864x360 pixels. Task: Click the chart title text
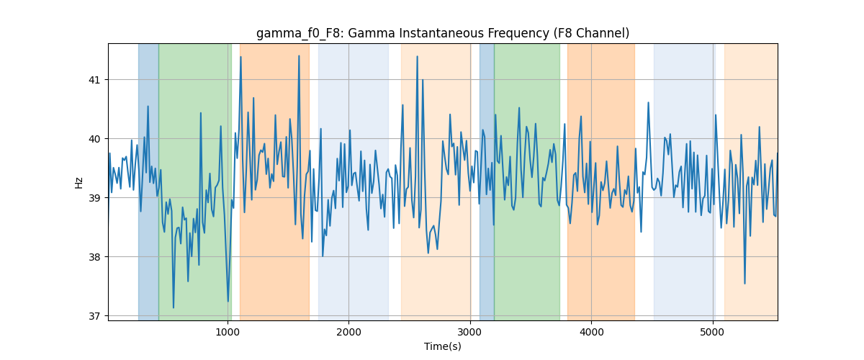(443, 33)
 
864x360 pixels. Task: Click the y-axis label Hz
(78, 182)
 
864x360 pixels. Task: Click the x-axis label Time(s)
(443, 346)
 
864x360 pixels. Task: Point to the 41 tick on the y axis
(94, 80)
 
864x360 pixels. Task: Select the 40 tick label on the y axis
(94, 139)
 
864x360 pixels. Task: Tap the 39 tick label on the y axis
(94, 198)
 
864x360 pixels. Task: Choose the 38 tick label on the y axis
(94, 257)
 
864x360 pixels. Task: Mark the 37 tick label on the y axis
(94, 316)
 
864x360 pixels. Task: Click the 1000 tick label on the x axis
(228, 332)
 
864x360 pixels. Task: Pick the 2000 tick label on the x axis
(348, 332)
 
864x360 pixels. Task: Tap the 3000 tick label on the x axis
(470, 332)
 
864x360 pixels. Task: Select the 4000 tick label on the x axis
(591, 332)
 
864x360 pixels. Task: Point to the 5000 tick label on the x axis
(713, 332)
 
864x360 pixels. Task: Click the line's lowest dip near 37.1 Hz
(174, 307)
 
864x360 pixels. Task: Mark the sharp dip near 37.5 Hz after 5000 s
(744, 284)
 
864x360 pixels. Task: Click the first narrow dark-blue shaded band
(148, 181)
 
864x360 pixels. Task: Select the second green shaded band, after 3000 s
(527, 181)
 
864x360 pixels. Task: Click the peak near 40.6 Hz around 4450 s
(648, 103)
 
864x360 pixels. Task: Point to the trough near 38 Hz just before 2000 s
(323, 256)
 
